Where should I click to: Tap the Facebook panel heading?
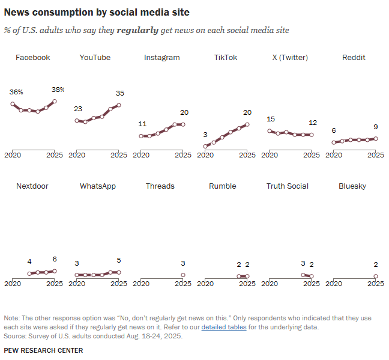(x=33, y=58)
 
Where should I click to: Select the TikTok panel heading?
(x=226, y=58)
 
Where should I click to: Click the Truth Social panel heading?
(x=288, y=186)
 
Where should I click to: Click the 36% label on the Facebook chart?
(x=16, y=92)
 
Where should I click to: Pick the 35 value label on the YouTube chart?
(x=120, y=93)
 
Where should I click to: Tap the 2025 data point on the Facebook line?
(x=55, y=102)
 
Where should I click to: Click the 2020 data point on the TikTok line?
(x=205, y=146)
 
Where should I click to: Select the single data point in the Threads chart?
(x=183, y=275)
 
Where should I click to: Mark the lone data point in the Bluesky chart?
(x=376, y=276)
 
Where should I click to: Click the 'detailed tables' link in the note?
(x=223, y=328)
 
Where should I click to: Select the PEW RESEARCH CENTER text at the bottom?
(x=43, y=350)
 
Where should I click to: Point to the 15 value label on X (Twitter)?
(x=271, y=119)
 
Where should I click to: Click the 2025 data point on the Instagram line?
(x=183, y=124)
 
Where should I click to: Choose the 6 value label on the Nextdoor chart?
(x=55, y=260)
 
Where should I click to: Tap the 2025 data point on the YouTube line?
(x=119, y=105)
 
